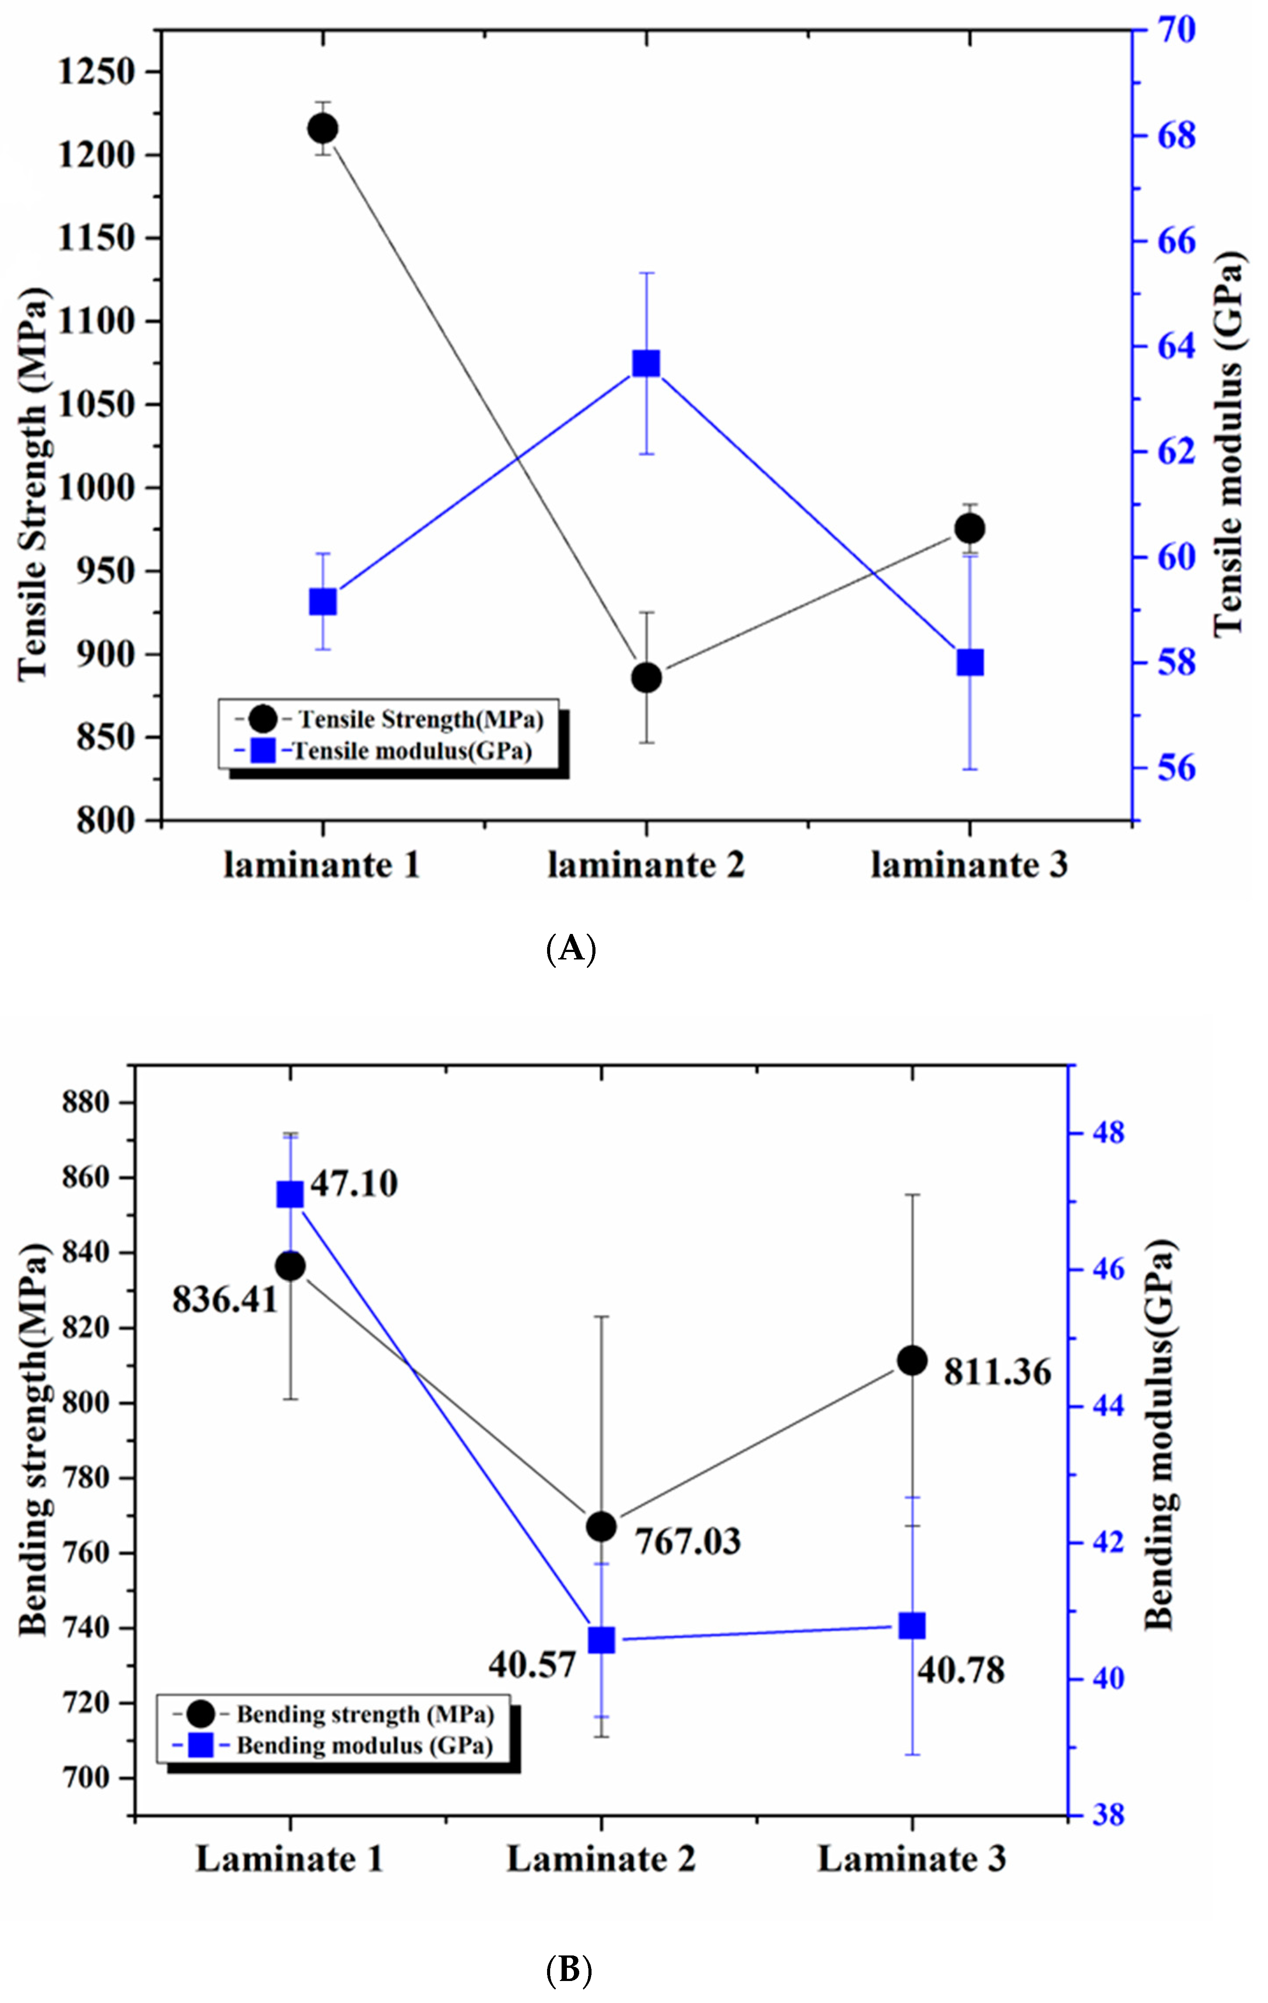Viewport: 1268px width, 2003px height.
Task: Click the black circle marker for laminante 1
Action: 322,129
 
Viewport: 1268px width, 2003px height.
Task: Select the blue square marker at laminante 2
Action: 646,364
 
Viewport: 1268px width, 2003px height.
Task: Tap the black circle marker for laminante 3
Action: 969,528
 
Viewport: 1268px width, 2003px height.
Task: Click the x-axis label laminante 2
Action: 646,866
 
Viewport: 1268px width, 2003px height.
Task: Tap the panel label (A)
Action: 571,948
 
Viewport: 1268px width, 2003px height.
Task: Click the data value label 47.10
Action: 353,1183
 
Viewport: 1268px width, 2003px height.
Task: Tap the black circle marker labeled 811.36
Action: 912,1361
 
